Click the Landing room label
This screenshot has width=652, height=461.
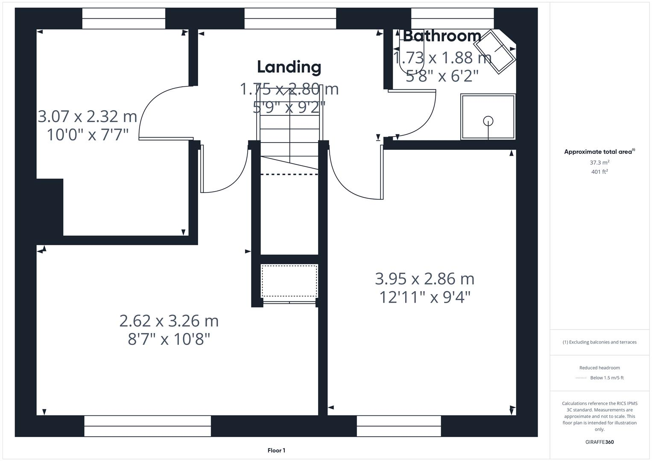[x=289, y=67]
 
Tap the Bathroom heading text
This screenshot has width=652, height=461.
[x=442, y=36]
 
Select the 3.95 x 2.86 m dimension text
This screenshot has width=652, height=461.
[x=424, y=279]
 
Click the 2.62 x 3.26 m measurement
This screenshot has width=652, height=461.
[x=169, y=321]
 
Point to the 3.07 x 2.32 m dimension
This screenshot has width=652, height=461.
[x=88, y=116]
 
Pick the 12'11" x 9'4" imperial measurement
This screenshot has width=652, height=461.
[x=424, y=297]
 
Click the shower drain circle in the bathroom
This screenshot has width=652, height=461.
[x=488, y=121]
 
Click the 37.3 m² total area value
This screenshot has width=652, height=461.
[x=599, y=163]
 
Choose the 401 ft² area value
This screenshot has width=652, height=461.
[x=599, y=172]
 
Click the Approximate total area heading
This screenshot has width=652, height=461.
[x=599, y=152]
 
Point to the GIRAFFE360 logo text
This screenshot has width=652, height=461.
[x=599, y=442]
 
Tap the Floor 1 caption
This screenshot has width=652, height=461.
[x=276, y=450]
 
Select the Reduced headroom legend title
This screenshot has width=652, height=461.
[x=599, y=368]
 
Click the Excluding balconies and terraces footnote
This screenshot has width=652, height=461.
[x=599, y=342]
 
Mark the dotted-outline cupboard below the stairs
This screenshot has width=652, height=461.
[x=289, y=281]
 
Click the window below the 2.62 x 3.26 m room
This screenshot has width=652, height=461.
[x=147, y=426]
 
